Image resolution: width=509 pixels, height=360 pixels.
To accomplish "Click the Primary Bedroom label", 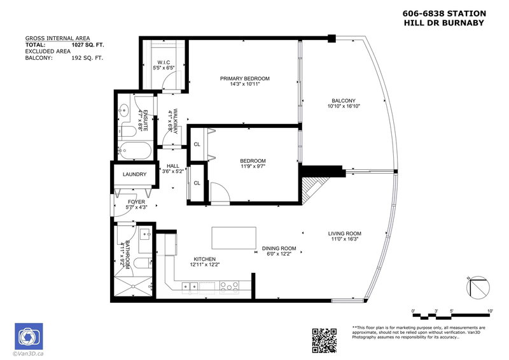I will pos(244,79).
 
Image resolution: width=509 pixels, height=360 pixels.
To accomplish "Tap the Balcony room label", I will pos(343,100).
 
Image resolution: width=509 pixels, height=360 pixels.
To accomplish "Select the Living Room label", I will pos(344,233).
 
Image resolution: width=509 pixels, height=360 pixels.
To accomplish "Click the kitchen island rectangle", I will pos(234,238).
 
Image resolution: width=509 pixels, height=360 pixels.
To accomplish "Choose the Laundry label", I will pos(135,174).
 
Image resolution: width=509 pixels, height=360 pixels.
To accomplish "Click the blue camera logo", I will pos(27,336).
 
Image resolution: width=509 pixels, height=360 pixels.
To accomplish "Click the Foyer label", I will pos(136,202).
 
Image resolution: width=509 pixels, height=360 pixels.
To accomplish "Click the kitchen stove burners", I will pos(227,286).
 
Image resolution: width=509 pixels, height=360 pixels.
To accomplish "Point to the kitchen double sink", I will pos(190,286).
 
